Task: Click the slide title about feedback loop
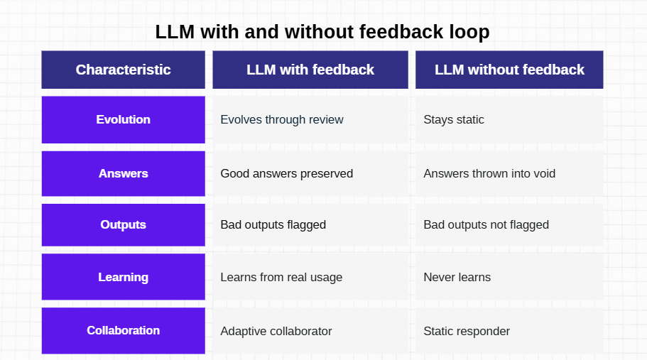point(322,32)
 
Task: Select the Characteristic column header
point(124,70)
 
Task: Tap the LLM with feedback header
point(310,70)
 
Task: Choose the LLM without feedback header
point(509,70)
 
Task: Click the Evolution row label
point(124,119)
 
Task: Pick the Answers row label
point(124,173)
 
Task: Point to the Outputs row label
point(124,225)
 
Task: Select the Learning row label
point(124,277)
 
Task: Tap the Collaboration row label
point(124,330)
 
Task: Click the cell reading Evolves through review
point(310,119)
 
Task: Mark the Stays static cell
point(509,119)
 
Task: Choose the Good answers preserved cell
point(310,173)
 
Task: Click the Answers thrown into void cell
point(509,173)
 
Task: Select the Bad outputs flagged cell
point(310,225)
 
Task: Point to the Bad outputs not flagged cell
point(509,225)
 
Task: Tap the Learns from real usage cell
point(310,277)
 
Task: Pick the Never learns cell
point(509,277)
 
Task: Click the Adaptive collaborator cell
point(310,330)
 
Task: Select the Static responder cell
point(509,330)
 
